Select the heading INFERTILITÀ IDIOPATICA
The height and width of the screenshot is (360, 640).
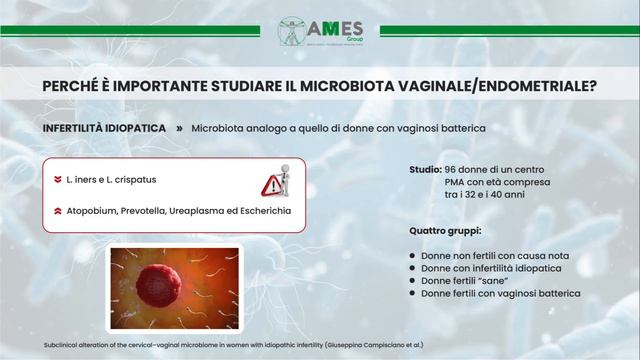tap(104, 129)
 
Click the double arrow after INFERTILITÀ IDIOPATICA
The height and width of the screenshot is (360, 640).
tap(179, 129)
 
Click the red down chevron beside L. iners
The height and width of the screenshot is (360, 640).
tap(58, 180)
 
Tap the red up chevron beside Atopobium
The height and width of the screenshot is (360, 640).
tap(58, 212)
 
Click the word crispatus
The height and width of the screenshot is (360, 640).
tap(133, 180)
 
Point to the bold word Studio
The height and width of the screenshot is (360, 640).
tap(426, 171)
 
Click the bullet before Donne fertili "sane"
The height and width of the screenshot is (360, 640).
tap(412, 282)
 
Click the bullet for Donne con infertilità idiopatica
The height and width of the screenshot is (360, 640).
tap(412, 269)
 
